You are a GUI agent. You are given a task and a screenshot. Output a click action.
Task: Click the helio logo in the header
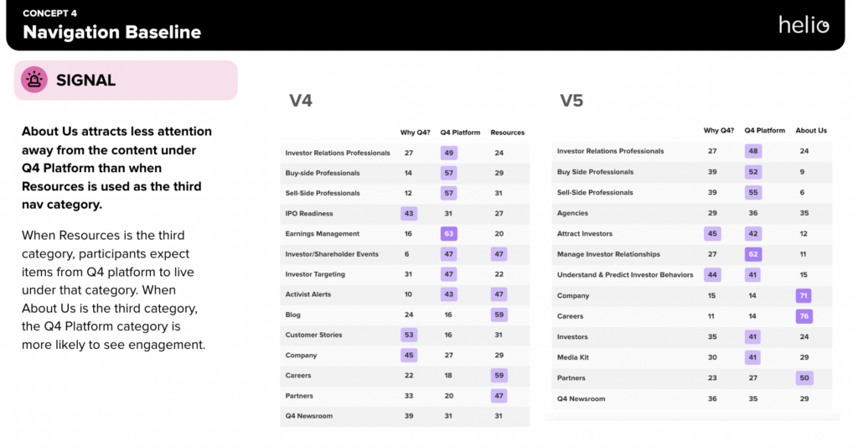coord(804,24)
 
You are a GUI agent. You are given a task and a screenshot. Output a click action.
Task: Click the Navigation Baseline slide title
coord(112,33)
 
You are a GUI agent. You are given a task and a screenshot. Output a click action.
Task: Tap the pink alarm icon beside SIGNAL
coord(34,80)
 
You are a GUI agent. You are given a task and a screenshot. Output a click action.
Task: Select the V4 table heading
coord(301,101)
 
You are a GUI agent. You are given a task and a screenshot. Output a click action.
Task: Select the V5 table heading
coord(571,101)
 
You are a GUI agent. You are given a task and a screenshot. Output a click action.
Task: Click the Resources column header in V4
coord(507,133)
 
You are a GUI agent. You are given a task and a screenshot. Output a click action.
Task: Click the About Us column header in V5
coord(810,131)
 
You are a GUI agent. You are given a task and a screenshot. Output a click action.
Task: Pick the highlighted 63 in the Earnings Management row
coord(449,234)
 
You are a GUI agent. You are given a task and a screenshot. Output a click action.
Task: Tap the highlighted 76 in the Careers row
coord(804,316)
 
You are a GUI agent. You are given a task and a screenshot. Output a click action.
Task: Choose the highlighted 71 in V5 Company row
coord(804,296)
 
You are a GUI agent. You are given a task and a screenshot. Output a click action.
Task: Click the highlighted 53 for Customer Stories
coord(409,335)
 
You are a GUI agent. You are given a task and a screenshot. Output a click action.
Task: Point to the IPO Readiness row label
coord(309,214)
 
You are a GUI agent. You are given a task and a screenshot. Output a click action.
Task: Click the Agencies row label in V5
coord(572,213)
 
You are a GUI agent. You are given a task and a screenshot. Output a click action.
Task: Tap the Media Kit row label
coord(572,357)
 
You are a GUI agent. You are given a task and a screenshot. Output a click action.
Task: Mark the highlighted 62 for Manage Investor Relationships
coord(753,254)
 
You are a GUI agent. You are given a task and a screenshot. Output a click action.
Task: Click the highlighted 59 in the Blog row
coord(499,315)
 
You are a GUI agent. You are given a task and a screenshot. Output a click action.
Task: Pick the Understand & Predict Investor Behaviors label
coord(625,275)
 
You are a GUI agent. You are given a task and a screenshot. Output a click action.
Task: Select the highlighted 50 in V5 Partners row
coord(804,378)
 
